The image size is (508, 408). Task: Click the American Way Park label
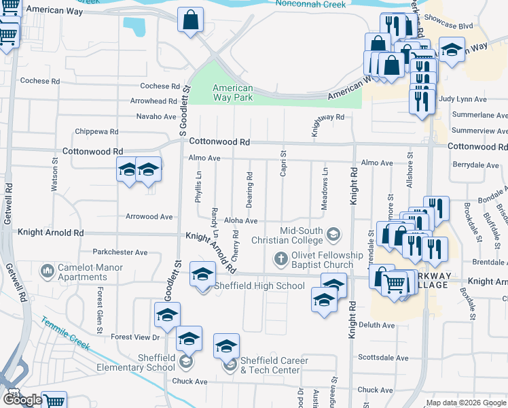coord(232,93)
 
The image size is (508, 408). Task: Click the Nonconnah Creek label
coord(312,4)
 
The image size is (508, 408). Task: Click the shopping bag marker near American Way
coord(190,20)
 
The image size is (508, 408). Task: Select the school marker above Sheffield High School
coord(202,274)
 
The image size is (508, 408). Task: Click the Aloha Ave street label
coord(242,221)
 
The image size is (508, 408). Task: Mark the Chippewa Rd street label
coord(97,131)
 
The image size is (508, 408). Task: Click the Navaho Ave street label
coord(156,117)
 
